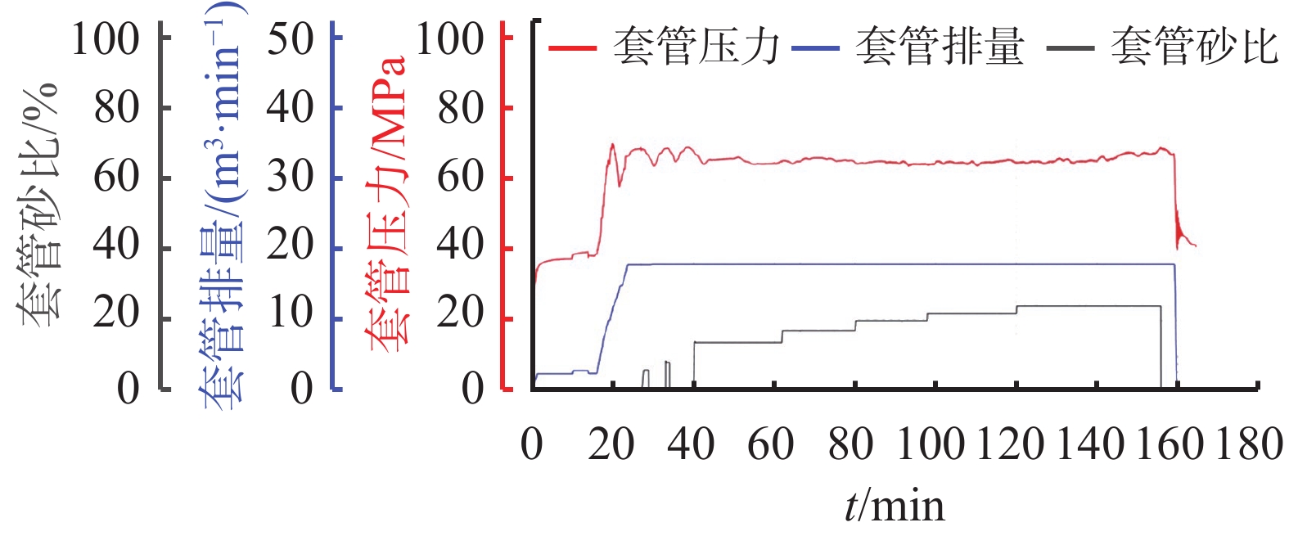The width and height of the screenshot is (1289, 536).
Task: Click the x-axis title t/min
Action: pos(895,506)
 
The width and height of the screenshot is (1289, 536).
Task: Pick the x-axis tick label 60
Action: pos(770,444)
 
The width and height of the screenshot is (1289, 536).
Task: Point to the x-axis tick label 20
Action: pos(611,444)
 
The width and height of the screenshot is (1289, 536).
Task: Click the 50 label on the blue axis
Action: pos(291,38)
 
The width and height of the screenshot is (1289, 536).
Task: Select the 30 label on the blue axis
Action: pos(291,178)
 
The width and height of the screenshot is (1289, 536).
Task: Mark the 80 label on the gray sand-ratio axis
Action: pos(116,108)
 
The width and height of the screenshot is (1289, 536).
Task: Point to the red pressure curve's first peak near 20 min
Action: pos(612,145)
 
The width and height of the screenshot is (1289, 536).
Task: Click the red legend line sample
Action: pos(572,47)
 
